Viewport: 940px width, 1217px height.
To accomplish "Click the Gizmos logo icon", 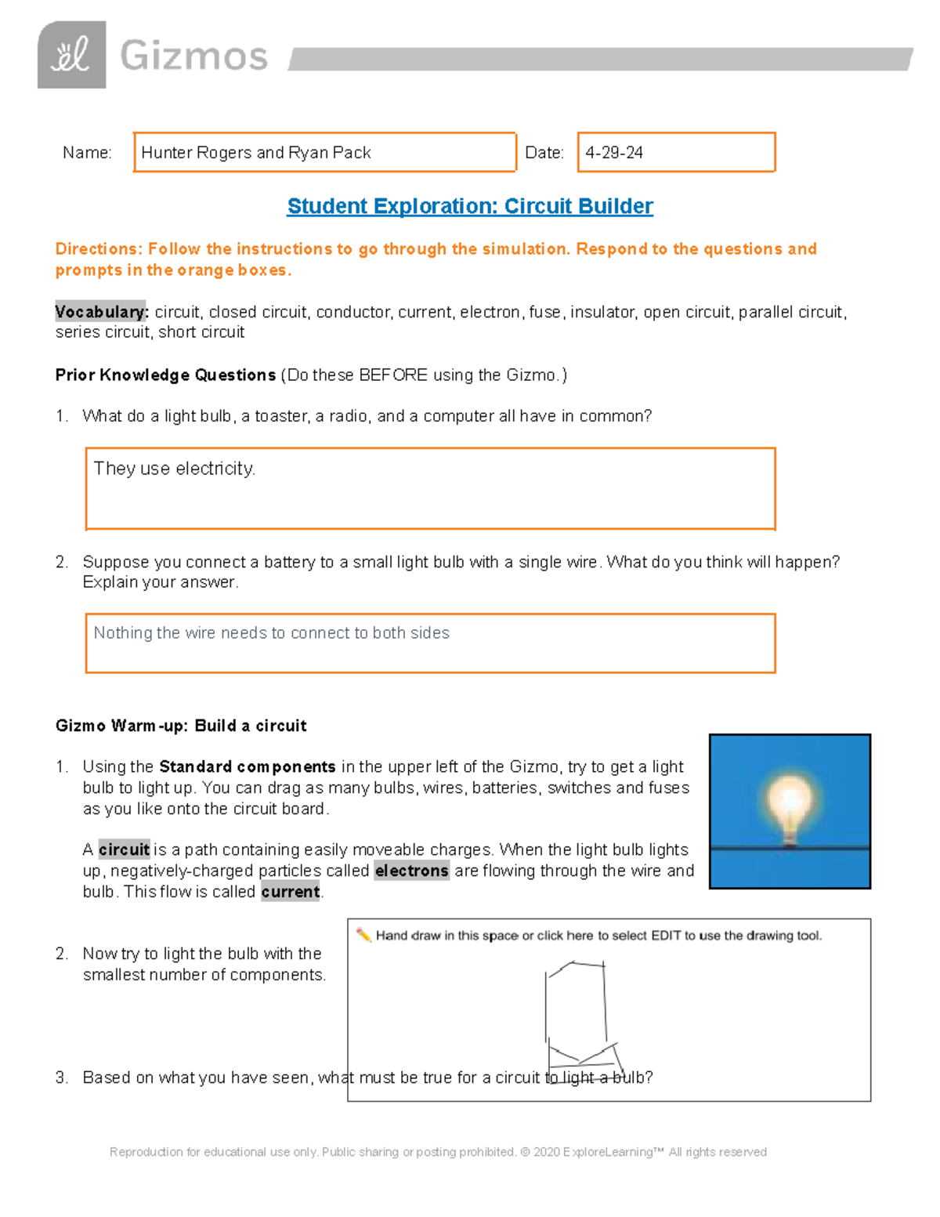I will (71, 55).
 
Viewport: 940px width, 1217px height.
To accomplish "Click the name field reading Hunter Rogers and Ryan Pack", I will (324, 152).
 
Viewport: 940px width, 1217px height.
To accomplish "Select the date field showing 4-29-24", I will (675, 152).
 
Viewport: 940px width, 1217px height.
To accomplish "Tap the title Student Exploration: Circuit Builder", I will (470, 206).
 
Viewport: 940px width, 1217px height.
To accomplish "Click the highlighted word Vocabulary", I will (100, 312).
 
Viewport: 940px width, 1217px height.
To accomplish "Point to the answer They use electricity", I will (174, 469).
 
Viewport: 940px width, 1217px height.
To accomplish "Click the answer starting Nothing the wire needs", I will (271, 633).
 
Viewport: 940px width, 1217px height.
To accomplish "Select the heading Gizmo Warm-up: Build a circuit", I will (181, 726).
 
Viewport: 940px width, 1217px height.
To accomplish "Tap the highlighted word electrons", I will (411, 871).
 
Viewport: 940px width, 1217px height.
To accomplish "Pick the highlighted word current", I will (290, 892).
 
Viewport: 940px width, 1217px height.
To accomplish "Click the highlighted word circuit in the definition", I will (124, 849).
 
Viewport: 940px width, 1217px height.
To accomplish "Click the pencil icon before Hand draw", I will (363, 935).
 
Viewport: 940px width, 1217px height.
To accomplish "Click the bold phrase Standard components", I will (247, 766).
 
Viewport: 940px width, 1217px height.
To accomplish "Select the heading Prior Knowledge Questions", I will (165, 375).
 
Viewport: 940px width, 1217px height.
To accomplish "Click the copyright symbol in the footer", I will (525, 1152).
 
